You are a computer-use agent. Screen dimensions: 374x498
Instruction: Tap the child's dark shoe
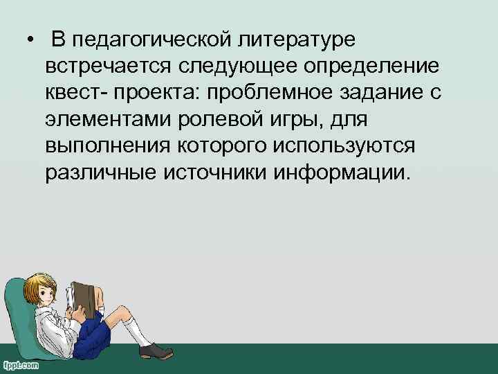click(x=156, y=351)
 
